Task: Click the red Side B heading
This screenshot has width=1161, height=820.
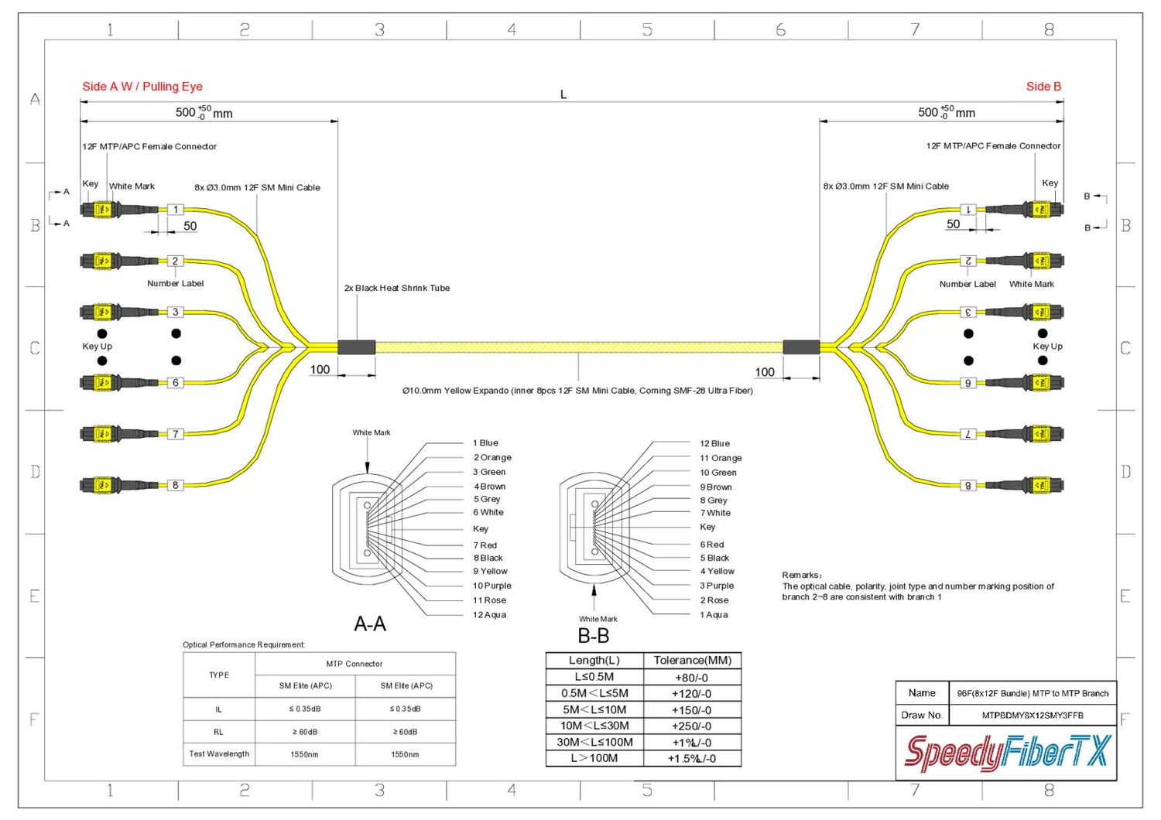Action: tap(1043, 87)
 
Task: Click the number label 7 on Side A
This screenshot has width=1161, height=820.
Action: tap(176, 434)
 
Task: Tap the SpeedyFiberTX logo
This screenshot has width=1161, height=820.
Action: tap(1006, 752)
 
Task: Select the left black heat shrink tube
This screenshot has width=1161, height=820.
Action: tap(357, 347)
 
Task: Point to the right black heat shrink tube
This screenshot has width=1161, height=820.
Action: tap(801, 347)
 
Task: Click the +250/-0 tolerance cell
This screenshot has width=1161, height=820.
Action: tap(692, 726)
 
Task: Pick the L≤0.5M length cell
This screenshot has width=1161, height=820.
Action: tap(594, 677)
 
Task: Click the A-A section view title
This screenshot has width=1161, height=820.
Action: tap(370, 624)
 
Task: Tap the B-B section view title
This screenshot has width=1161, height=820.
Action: tap(594, 636)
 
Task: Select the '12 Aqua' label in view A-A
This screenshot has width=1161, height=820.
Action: tap(489, 615)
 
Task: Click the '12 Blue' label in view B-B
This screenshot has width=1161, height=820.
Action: tap(714, 444)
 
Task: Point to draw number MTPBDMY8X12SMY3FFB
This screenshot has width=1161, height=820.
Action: tap(1033, 716)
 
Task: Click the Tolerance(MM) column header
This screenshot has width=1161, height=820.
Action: tap(692, 661)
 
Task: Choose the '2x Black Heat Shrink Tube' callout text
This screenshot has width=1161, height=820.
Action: tap(397, 288)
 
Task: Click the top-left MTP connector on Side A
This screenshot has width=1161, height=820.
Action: tap(101, 210)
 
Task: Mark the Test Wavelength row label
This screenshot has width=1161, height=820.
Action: tap(219, 753)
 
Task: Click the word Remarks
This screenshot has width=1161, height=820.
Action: tap(801, 575)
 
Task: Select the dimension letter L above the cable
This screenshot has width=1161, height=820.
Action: tap(563, 94)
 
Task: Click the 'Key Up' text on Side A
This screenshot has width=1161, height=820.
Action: tap(98, 347)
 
